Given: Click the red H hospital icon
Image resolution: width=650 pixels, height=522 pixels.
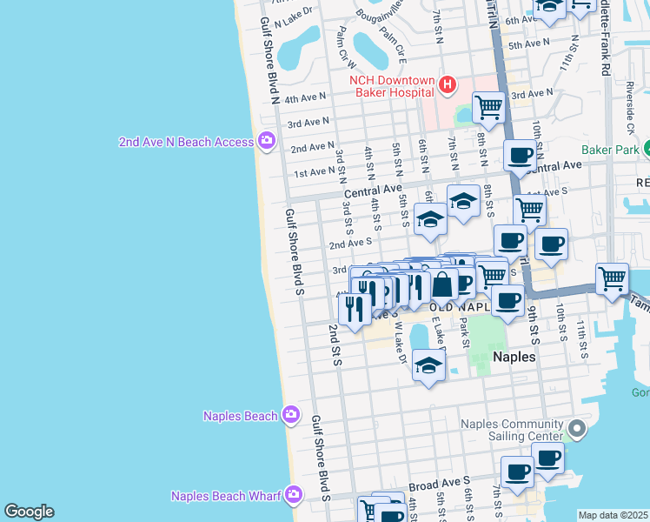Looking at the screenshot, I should click(x=447, y=84).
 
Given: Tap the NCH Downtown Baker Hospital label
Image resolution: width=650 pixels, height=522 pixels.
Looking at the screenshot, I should click(x=392, y=85).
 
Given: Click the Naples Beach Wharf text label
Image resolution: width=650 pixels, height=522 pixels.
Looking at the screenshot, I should click(x=225, y=496).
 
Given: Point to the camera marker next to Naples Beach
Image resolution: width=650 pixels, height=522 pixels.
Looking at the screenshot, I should click(x=290, y=416).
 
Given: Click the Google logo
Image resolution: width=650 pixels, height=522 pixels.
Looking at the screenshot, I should click(x=29, y=512).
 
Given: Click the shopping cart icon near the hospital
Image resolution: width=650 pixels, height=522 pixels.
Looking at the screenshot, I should click(x=489, y=107).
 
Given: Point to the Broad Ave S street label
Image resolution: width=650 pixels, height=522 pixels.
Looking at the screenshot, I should click(x=440, y=480).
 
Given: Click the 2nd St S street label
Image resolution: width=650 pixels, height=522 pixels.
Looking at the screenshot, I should click(x=335, y=343).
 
